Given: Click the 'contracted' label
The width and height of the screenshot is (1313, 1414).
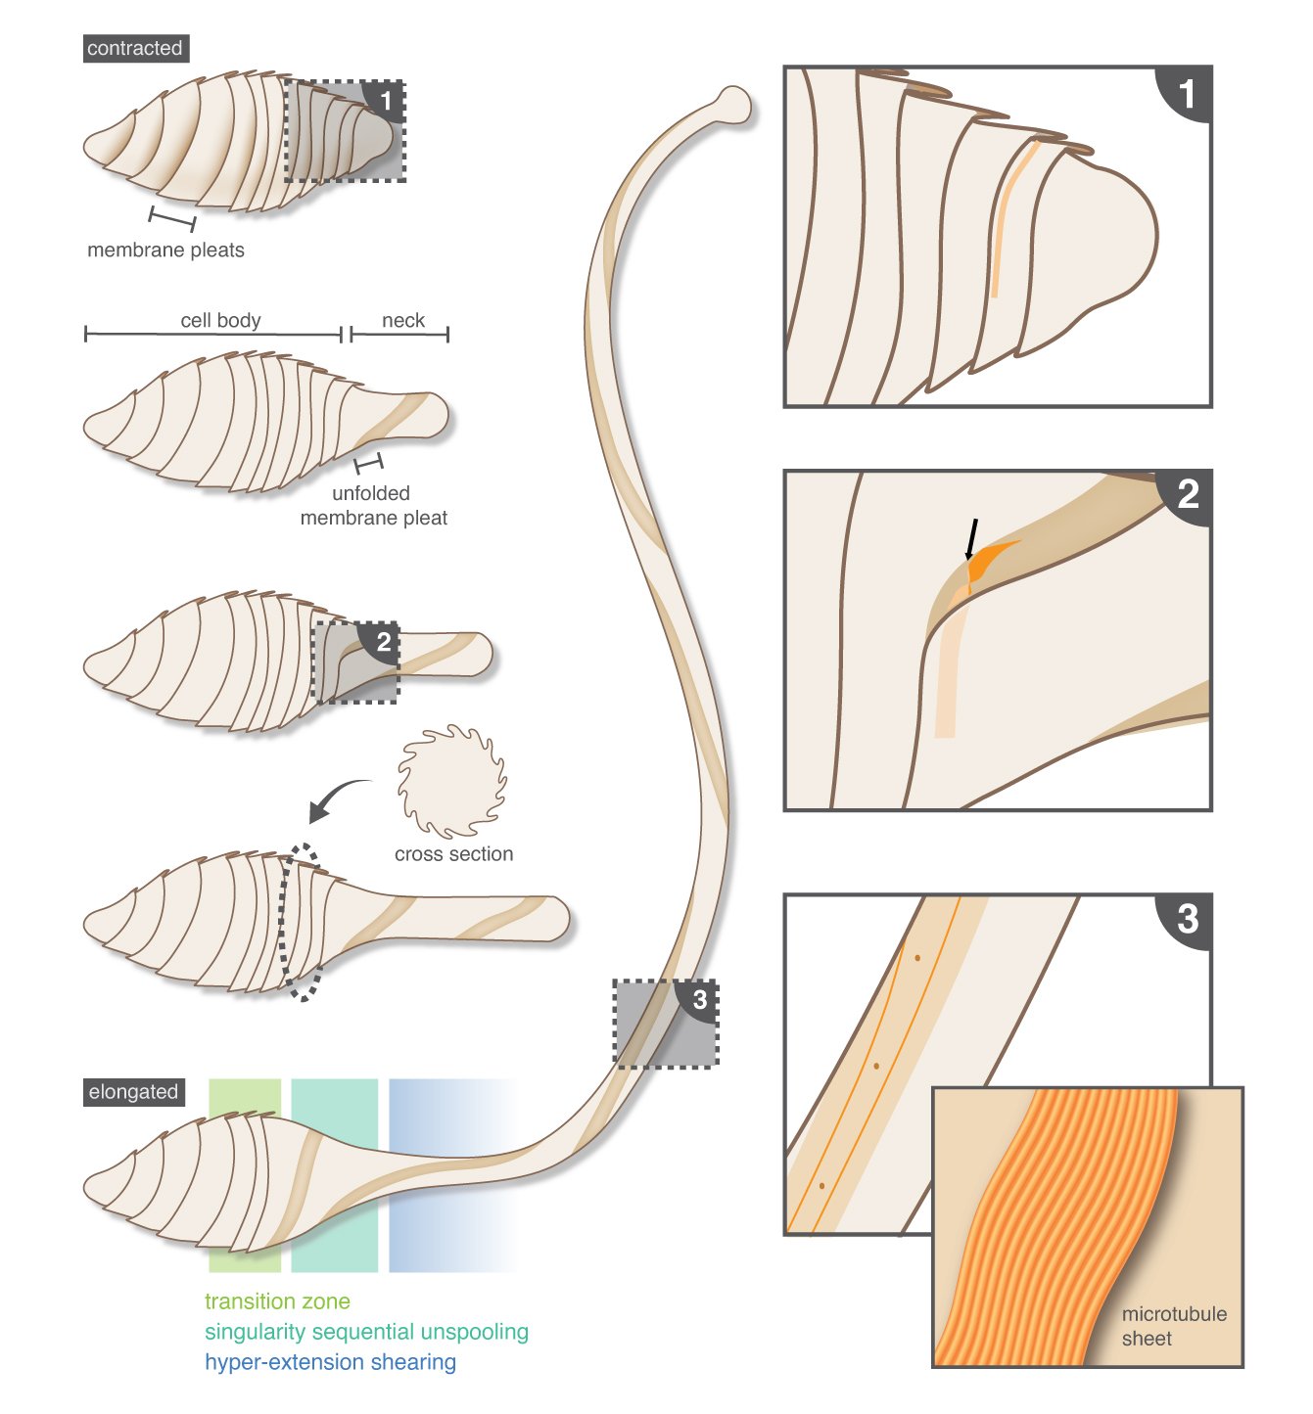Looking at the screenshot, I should (135, 48).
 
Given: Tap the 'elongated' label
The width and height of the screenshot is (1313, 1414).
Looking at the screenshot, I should (133, 1092).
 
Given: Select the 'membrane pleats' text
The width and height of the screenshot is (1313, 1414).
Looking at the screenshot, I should (165, 250).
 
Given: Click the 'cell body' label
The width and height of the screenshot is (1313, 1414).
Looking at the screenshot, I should (220, 320).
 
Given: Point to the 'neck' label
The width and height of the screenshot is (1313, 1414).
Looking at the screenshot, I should (402, 320).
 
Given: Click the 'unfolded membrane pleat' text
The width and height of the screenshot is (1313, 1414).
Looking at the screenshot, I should (373, 505).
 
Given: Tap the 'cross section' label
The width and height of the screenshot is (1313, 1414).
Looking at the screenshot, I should (453, 853).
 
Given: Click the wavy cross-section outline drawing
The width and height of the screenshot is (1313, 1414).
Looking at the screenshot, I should (451, 781).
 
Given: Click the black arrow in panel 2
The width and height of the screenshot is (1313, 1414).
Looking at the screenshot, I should (971, 539).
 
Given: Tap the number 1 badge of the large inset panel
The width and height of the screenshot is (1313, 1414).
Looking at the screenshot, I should (1187, 94).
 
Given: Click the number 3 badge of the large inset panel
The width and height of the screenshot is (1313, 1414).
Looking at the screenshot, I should (1187, 918).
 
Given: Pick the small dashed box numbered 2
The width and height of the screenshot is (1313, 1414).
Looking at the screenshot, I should (356, 662).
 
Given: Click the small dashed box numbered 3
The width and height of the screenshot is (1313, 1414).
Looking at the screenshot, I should (665, 1023).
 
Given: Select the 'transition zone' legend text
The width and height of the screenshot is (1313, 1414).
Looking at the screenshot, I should (277, 1301).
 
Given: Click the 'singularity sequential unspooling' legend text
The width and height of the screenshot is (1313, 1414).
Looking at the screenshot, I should (366, 1332).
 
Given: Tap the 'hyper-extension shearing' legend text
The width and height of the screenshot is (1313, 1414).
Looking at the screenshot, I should (330, 1362).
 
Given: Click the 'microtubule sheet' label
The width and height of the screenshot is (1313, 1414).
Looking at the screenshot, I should (1173, 1326).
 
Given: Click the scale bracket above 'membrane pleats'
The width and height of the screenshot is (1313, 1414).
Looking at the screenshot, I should (172, 218).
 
